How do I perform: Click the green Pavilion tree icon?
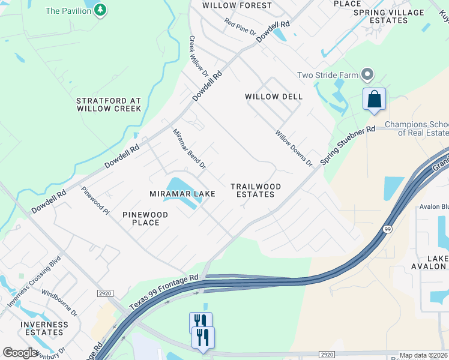click(100, 10)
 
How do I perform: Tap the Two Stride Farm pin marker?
click(367, 76)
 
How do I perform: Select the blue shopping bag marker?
click(374, 100)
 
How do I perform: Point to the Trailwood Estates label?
click(253, 190)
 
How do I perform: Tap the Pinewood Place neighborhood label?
click(145, 218)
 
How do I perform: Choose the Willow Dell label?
click(274, 97)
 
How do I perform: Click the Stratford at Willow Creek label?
click(109, 105)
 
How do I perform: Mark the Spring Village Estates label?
click(388, 16)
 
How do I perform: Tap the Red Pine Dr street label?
click(240, 27)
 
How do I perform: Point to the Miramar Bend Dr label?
click(189, 148)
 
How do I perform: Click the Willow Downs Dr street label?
click(294, 149)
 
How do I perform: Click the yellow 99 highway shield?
click(388, 229)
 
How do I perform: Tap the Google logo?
click(20, 353)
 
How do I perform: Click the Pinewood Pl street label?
click(95, 201)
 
